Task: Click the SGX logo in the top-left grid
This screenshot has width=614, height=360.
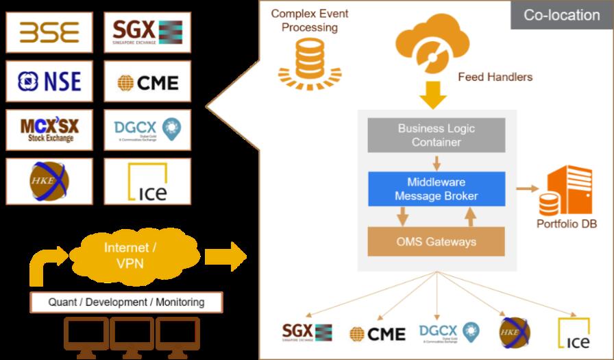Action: click(x=147, y=32)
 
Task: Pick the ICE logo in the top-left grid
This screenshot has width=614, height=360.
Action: click(x=147, y=181)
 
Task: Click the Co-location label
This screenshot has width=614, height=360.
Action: click(x=561, y=15)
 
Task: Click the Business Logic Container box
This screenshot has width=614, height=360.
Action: click(x=437, y=135)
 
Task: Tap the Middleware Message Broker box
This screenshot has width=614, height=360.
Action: click(x=437, y=188)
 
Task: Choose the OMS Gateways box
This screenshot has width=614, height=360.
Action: click(x=437, y=241)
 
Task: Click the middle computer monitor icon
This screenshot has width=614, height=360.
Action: click(x=132, y=337)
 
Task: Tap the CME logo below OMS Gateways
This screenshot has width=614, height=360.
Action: click(x=378, y=333)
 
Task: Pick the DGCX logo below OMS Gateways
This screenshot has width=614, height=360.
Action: click(x=448, y=333)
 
